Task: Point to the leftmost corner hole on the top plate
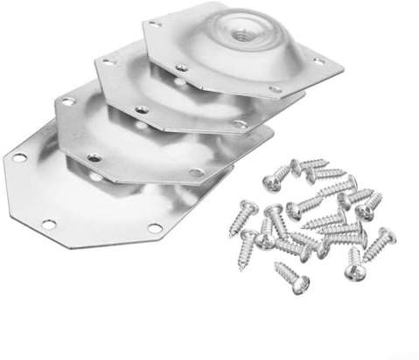point(155,25)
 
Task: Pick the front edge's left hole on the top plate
point(181,67)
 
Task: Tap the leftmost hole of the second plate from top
point(108,62)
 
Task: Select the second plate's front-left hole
point(142,110)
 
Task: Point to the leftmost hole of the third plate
point(67,102)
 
